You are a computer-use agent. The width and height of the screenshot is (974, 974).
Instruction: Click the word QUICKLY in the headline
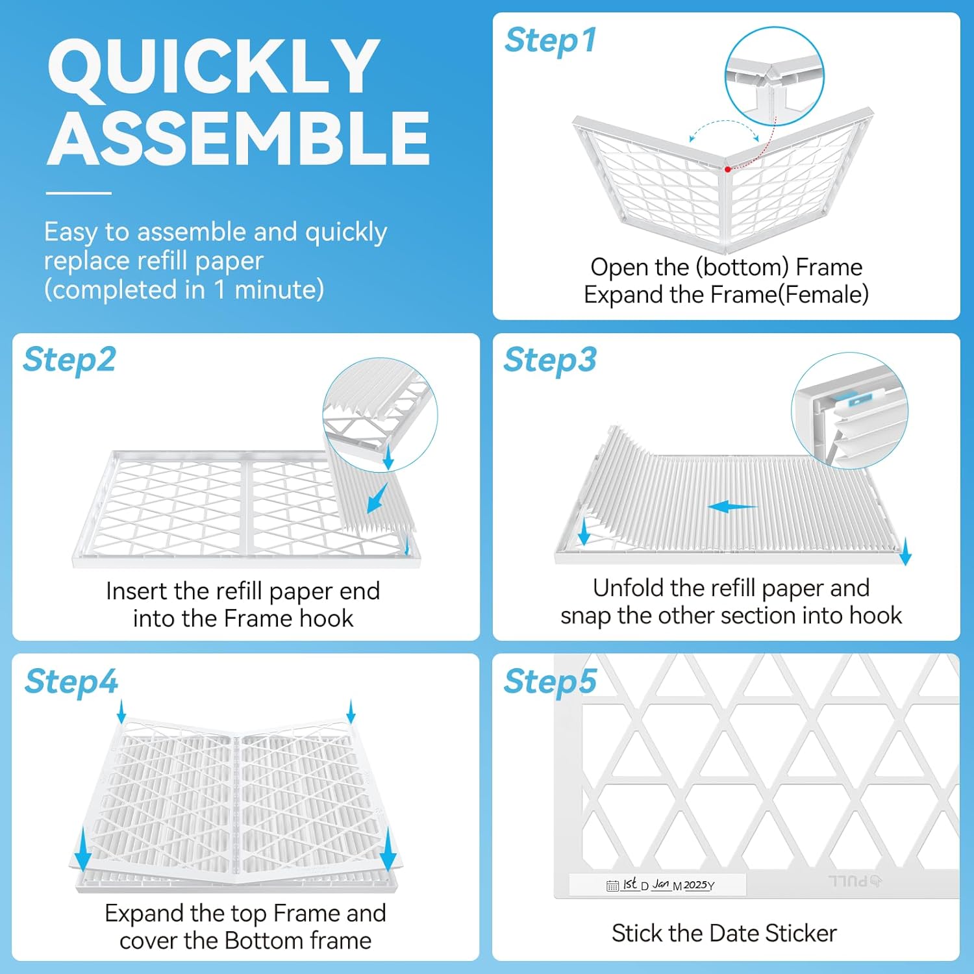click(x=214, y=68)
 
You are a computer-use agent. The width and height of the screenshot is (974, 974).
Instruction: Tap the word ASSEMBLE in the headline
click(x=238, y=138)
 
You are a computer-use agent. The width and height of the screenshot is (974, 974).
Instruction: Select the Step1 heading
click(x=551, y=40)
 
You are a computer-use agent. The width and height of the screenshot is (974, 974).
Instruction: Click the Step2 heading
click(x=69, y=360)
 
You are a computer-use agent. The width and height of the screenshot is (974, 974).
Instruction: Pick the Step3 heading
click(x=550, y=360)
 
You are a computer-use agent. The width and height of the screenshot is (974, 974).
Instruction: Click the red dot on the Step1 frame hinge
click(x=728, y=169)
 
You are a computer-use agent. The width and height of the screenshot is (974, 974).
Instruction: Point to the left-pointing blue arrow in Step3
click(x=732, y=507)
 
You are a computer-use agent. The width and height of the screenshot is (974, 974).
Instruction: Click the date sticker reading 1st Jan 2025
click(x=658, y=884)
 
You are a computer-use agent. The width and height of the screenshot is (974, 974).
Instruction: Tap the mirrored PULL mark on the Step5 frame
click(x=855, y=881)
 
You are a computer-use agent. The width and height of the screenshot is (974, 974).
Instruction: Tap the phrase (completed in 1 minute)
click(x=184, y=290)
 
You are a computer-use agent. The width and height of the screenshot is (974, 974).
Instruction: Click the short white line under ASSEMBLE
click(x=79, y=193)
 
